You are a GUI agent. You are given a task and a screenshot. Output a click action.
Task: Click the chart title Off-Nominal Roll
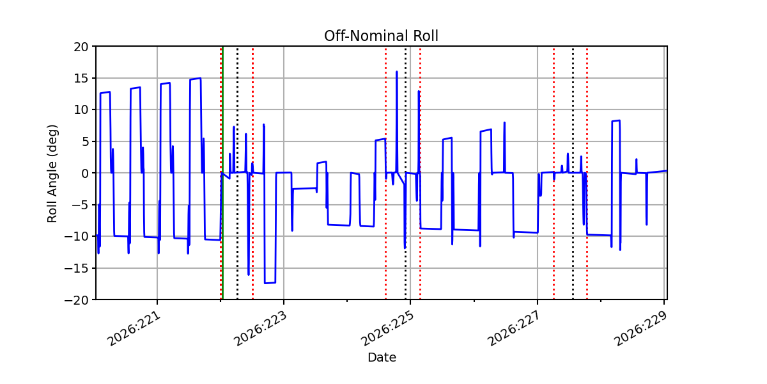tap(381, 36)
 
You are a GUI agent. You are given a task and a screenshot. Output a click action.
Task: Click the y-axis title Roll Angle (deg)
tap(52, 173)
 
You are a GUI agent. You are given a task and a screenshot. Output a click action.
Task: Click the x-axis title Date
tap(382, 358)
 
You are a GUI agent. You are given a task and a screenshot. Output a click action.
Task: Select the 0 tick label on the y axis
tap(85, 173)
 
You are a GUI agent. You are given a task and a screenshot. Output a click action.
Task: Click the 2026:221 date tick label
tap(134, 328)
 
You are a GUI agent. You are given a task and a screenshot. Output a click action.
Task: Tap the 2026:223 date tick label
tap(260, 328)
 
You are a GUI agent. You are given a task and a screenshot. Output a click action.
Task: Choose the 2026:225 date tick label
tap(387, 328)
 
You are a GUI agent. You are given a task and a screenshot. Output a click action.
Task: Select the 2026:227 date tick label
tap(514, 328)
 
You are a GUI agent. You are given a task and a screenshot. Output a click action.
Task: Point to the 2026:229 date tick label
tap(640, 328)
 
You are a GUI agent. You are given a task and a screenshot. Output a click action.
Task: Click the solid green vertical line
tap(223, 173)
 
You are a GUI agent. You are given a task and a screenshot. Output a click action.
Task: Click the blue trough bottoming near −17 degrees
tap(270, 283)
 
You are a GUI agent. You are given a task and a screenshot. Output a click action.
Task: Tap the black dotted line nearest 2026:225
tap(406, 173)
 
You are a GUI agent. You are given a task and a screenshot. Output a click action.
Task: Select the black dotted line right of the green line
tap(237, 173)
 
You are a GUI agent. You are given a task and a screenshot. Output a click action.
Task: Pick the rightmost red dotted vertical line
tap(587, 173)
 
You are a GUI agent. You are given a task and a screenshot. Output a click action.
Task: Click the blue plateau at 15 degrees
tap(195, 79)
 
